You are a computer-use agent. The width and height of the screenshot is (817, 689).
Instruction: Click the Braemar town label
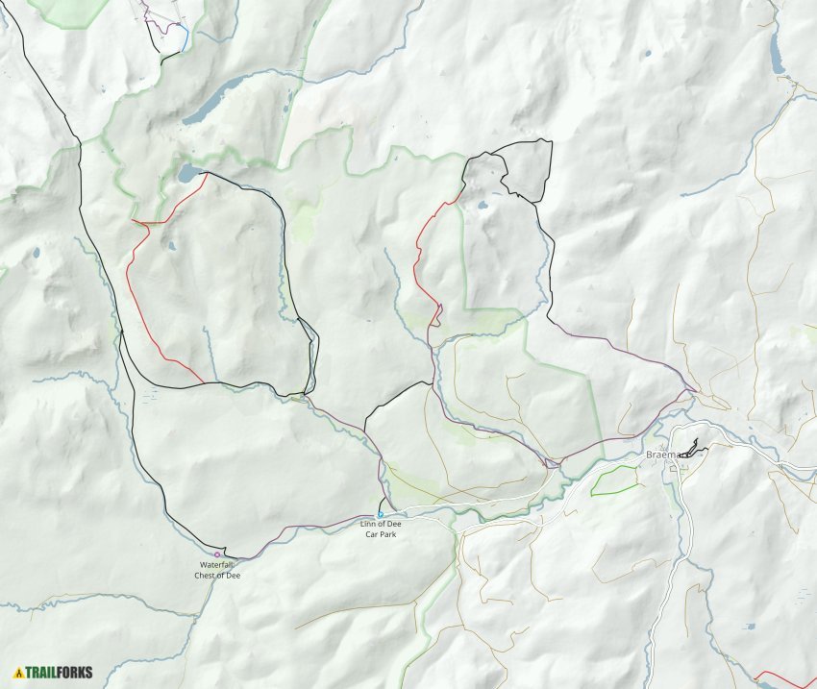[662, 454]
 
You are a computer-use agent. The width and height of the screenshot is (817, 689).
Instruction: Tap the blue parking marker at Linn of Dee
[381, 515]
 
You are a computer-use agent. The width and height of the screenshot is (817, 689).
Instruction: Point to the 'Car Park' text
[380, 534]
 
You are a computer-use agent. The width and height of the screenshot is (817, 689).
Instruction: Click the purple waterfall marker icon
[217, 554]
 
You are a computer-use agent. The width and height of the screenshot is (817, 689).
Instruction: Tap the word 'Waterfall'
[217, 565]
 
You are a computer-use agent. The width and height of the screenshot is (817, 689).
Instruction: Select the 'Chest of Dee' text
[217, 575]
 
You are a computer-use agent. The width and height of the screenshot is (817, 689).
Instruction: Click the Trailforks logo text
[59, 672]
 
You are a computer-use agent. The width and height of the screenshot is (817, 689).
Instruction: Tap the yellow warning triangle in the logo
[18, 672]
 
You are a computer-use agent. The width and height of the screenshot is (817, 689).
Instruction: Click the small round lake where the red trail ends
[188, 173]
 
